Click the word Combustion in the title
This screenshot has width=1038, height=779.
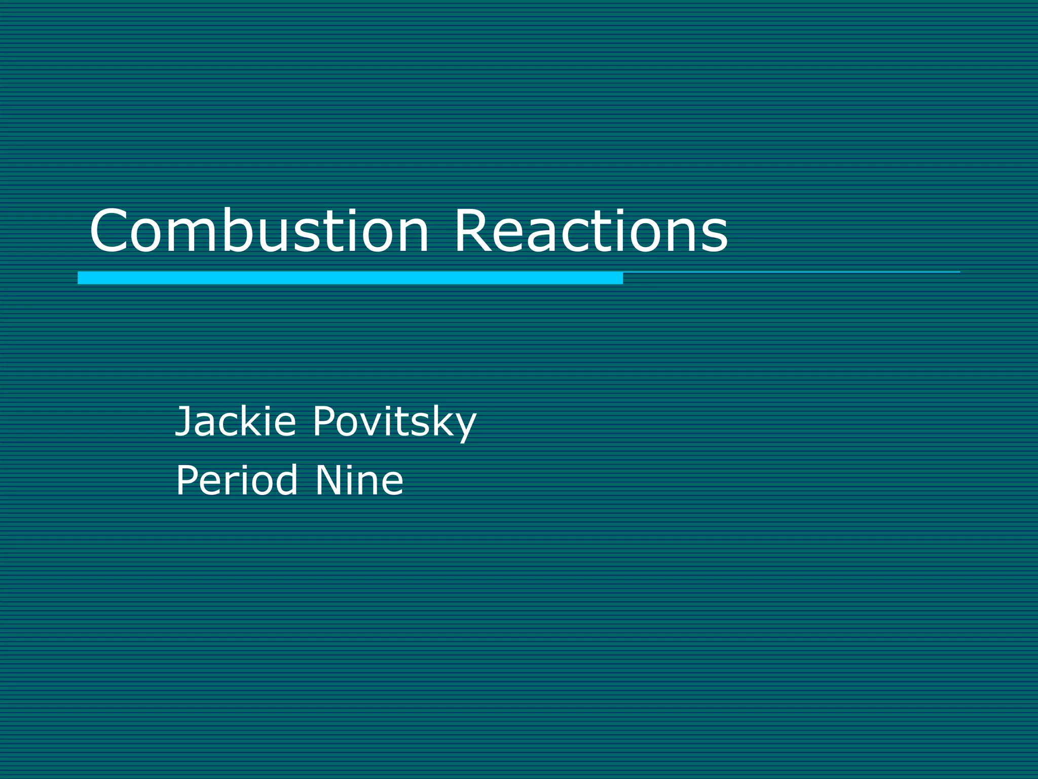(x=259, y=231)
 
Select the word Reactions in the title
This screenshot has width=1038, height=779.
(x=591, y=231)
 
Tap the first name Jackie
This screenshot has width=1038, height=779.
(x=235, y=421)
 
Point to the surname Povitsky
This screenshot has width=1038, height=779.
(x=394, y=422)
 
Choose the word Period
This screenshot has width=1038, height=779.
(x=236, y=480)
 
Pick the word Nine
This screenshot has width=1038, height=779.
(x=359, y=480)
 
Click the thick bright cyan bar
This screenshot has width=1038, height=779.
(x=350, y=278)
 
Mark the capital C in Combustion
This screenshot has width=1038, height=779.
(x=110, y=231)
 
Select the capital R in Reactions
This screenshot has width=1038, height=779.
(x=473, y=231)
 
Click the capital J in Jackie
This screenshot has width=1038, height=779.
(x=182, y=421)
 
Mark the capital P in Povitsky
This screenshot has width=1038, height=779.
(x=324, y=421)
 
